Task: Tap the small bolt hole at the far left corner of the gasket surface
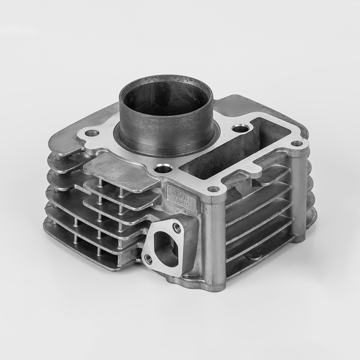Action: pos(92,133)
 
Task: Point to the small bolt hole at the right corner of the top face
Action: pos(297,144)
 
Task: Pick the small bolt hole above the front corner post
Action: pos(214,189)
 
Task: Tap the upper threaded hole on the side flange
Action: pos(176,228)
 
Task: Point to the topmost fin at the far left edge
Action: pos(63,144)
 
